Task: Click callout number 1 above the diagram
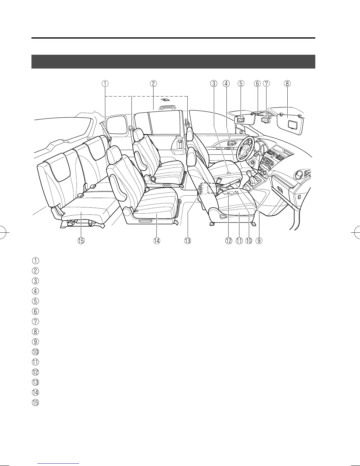(x=105, y=83)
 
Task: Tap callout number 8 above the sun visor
(x=287, y=83)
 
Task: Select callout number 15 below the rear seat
(x=81, y=241)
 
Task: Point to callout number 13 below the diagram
(x=187, y=241)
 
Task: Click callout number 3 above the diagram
(x=214, y=83)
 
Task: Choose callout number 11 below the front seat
(x=239, y=241)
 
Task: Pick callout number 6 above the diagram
(x=257, y=83)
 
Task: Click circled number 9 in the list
(x=35, y=342)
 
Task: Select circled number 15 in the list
(x=35, y=402)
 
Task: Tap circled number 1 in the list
(x=35, y=261)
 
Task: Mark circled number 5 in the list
(x=35, y=301)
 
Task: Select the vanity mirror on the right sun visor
(x=293, y=124)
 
